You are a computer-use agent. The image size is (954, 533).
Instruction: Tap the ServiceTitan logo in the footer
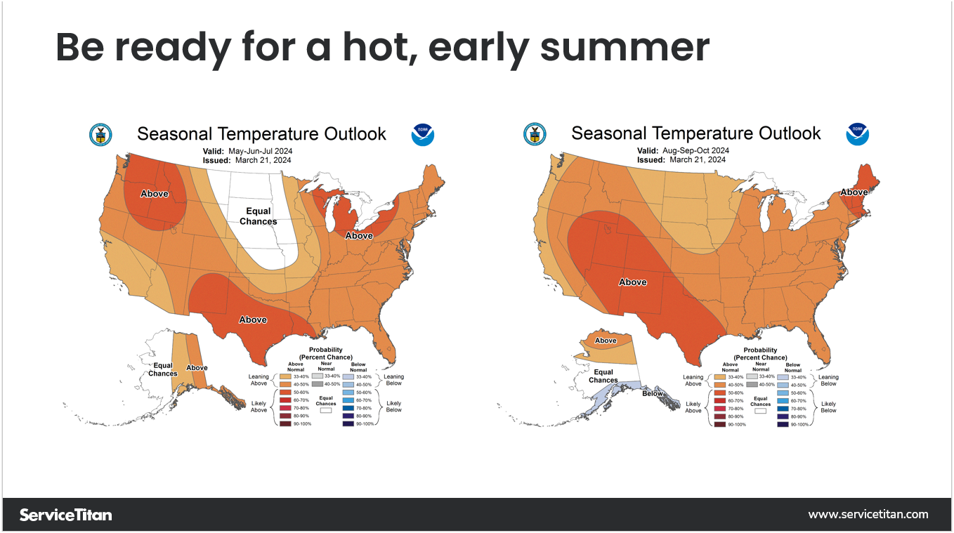(x=65, y=515)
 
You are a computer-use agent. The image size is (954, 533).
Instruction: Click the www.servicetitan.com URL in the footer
(x=868, y=515)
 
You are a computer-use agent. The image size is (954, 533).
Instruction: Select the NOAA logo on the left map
(x=423, y=134)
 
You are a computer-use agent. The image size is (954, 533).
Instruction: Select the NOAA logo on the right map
(x=857, y=134)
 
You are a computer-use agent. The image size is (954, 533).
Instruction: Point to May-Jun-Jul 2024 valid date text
(x=260, y=151)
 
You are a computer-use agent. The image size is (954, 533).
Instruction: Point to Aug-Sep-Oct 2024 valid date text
(x=695, y=151)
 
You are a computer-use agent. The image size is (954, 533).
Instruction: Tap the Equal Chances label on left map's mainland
(x=258, y=216)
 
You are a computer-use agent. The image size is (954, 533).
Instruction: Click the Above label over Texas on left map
(x=253, y=320)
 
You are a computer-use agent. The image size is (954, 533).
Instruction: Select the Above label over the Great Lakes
(x=358, y=236)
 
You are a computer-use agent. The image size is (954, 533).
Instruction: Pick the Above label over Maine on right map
(x=854, y=192)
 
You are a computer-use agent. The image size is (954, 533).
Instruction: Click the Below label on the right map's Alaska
(x=653, y=393)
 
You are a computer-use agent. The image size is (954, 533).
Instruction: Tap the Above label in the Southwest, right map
(x=632, y=282)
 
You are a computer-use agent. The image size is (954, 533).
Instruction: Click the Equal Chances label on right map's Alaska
(x=603, y=376)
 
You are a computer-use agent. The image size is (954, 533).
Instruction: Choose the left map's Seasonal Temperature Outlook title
(x=261, y=133)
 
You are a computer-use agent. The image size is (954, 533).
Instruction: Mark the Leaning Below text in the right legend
(x=828, y=380)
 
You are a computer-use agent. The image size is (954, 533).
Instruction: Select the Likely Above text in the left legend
(x=259, y=407)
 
